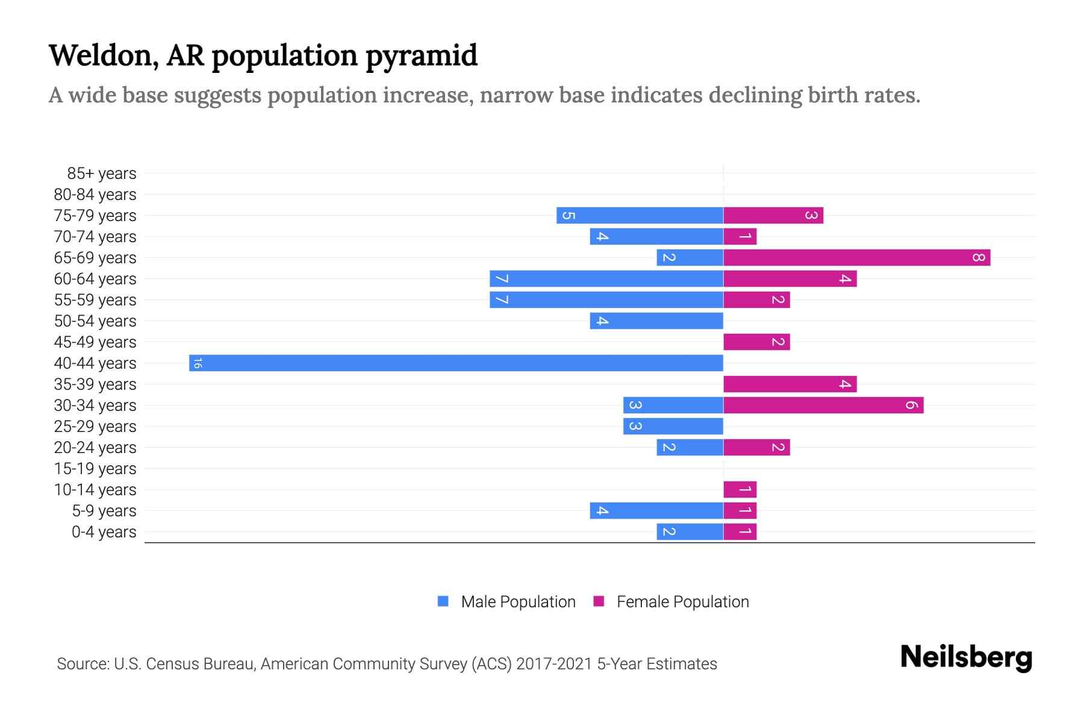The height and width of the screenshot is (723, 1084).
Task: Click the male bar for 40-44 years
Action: (x=456, y=363)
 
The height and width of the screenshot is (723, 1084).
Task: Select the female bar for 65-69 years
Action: (x=856, y=258)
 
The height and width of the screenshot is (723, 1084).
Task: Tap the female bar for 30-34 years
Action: (x=823, y=405)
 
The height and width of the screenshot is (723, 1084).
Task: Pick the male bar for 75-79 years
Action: (x=640, y=216)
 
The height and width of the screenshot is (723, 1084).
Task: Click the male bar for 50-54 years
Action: (x=656, y=321)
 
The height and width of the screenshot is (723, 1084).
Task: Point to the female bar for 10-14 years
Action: (x=740, y=489)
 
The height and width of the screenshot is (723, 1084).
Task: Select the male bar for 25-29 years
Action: (x=673, y=426)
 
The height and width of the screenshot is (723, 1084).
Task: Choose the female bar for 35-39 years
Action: (x=790, y=384)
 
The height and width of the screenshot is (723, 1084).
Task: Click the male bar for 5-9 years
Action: (x=656, y=510)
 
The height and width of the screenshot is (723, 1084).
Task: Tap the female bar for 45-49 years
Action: (x=756, y=342)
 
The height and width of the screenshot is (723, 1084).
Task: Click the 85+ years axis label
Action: (x=101, y=174)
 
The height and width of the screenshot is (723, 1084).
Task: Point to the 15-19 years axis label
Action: (x=95, y=468)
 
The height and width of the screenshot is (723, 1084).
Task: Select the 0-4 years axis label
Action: (x=104, y=531)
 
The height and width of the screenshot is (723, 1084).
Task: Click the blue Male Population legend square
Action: (x=443, y=601)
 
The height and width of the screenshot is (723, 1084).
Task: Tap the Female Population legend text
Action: (x=682, y=601)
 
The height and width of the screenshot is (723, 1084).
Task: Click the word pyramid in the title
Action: (x=421, y=55)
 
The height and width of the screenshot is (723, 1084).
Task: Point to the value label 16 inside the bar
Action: (x=198, y=363)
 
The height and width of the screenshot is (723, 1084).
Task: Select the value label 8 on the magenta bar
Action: (x=978, y=258)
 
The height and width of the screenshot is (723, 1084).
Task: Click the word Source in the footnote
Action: (x=82, y=664)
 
